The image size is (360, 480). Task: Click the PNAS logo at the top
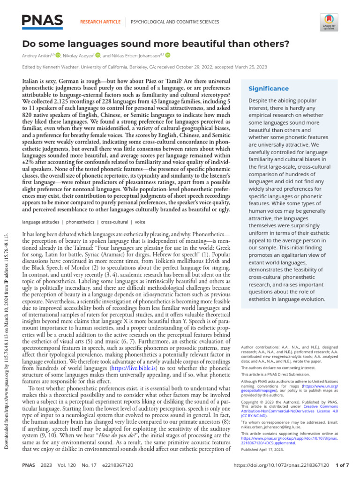[42, 20]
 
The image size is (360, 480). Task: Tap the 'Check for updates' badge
[328, 21]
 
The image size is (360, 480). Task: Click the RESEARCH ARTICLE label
[100, 22]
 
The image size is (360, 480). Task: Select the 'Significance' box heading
[268, 89]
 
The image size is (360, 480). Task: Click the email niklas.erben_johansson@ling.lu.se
[270, 427]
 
